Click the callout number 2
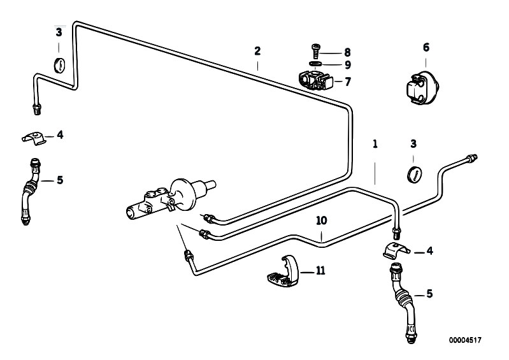257,51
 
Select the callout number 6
426,47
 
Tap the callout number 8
347,52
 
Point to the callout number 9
348,65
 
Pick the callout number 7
348,82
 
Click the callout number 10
321,220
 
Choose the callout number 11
320,270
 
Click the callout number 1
375,144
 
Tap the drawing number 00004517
465,340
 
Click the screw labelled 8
315,51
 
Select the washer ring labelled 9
315,63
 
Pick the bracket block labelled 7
315,80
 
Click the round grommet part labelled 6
422,89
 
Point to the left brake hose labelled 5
30,192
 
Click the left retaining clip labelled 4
35,138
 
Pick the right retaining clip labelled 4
396,250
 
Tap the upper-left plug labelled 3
60,65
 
